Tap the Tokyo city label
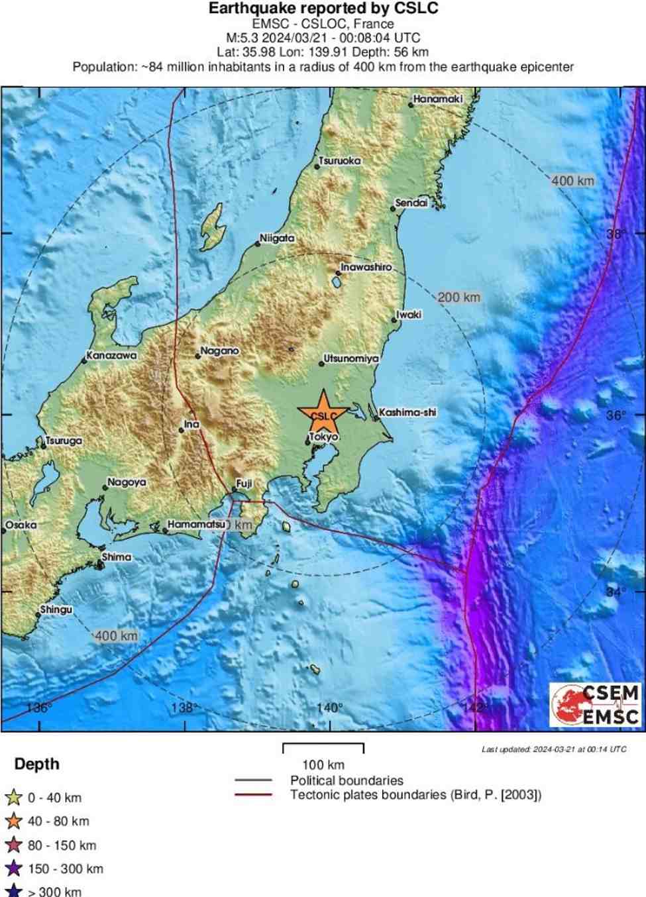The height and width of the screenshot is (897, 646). click(x=324, y=437)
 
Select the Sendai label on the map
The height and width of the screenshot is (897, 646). click(x=411, y=203)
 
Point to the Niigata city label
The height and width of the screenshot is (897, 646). click(x=277, y=238)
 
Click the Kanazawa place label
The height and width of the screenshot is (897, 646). click(x=112, y=356)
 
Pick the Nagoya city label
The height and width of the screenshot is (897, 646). click(x=127, y=482)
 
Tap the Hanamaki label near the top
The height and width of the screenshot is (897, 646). click(x=437, y=99)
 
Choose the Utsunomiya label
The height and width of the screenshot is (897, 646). click(x=350, y=358)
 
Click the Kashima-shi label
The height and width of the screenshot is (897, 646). click(x=407, y=412)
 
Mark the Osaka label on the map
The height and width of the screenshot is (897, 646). click(x=21, y=525)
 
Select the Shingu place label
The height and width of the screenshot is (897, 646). click(x=56, y=609)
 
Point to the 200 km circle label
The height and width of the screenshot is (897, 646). click(x=458, y=297)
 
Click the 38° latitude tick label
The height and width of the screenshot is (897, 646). click(x=616, y=234)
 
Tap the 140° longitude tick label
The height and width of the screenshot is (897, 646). click(x=330, y=708)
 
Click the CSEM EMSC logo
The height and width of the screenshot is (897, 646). click(x=595, y=705)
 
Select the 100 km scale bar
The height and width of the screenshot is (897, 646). click(x=323, y=747)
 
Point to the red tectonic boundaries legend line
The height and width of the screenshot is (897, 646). click(x=253, y=795)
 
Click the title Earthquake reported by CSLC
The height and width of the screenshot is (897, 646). click(x=323, y=9)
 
